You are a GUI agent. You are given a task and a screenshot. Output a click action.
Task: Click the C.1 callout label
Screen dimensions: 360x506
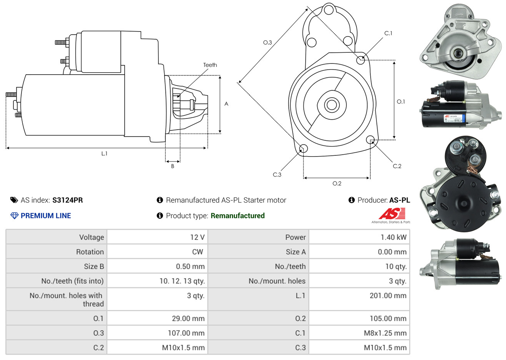click(388, 33)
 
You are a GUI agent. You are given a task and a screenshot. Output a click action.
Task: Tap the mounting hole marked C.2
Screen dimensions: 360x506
click(370, 140)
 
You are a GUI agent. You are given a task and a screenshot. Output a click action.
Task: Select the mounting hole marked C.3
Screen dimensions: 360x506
click(303, 149)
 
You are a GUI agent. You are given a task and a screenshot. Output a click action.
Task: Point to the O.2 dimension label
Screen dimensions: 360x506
click(337, 183)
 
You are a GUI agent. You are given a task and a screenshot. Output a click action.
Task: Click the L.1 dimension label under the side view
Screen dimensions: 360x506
click(104, 153)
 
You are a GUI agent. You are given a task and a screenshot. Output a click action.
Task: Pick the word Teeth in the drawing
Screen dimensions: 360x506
click(210, 65)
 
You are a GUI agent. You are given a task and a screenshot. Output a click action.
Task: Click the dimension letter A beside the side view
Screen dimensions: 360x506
click(226, 104)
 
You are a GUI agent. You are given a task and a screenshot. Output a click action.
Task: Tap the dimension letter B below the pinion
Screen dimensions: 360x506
click(173, 166)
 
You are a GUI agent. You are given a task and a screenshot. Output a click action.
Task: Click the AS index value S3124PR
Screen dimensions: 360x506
click(68, 200)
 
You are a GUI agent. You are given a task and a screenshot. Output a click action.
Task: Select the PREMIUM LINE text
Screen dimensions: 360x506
click(46, 216)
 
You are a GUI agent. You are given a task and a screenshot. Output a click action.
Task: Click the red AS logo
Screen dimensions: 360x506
click(392, 213)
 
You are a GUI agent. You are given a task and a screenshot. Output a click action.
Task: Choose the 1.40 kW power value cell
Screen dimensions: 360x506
click(393, 237)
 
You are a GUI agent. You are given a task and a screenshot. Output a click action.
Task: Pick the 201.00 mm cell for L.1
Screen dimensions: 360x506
click(388, 296)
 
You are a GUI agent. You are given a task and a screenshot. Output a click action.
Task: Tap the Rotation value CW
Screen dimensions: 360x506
click(197, 252)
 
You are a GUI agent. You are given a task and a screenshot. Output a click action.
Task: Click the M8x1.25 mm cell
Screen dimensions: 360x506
click(385, 333)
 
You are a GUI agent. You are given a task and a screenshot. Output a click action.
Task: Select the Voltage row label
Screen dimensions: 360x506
click(92, 237)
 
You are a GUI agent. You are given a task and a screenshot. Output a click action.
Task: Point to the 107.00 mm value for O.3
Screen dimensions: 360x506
click(186, 333)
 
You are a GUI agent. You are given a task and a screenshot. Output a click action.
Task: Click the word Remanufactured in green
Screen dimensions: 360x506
click(238, 216)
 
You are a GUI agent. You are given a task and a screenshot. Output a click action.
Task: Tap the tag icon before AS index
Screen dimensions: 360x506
click(14, 200)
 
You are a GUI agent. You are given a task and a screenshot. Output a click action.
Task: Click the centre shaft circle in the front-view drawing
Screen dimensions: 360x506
click(331, 105)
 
